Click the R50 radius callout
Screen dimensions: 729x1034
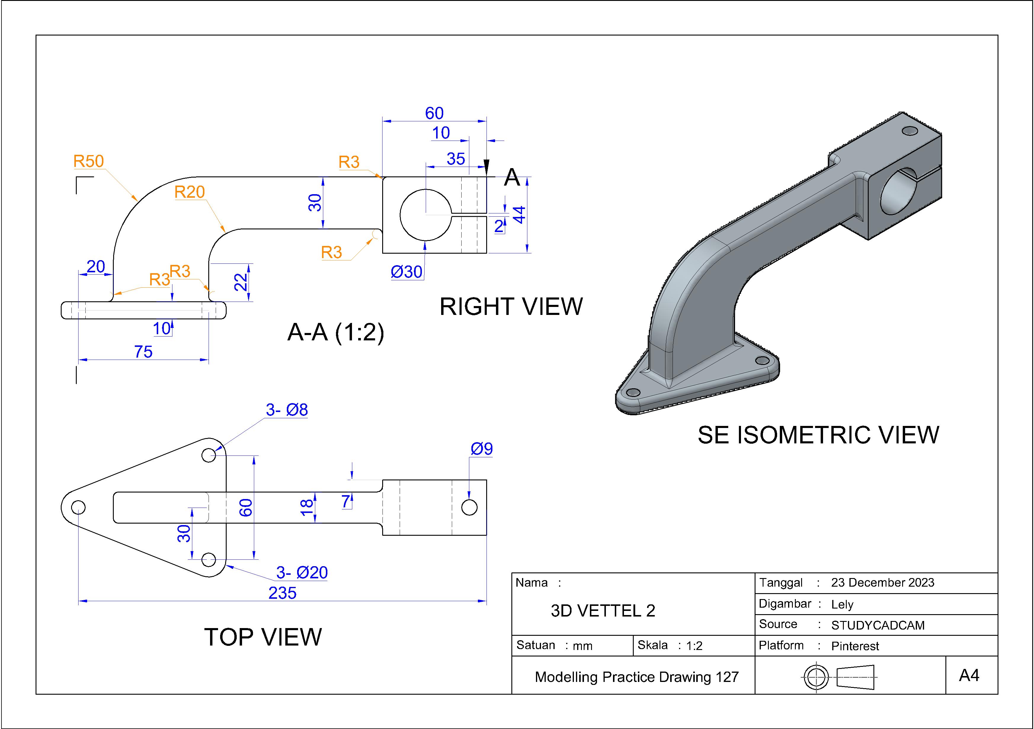89,161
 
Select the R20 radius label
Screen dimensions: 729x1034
190,192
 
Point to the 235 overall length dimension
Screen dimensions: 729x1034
282,593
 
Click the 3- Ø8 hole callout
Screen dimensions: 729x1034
287,410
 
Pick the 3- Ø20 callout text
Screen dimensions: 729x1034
302,572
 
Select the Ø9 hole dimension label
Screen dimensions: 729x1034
481,449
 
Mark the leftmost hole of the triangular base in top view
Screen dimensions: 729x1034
78,507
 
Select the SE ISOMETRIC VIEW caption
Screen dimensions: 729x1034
818,435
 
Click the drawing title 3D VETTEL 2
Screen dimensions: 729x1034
603,611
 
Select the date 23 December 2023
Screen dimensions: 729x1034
883,583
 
